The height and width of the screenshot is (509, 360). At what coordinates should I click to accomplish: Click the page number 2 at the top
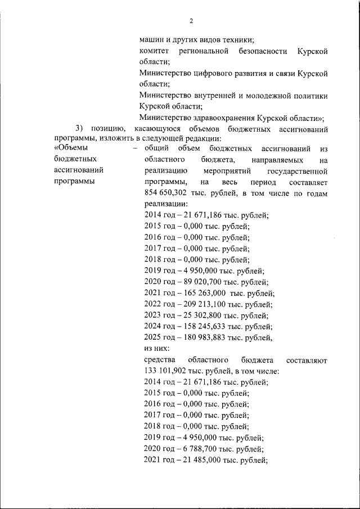[x=191, y=21]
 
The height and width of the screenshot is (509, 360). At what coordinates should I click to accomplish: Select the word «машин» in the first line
[x=151, y=40]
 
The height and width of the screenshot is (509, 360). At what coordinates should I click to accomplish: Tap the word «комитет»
[x=154, y=51]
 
